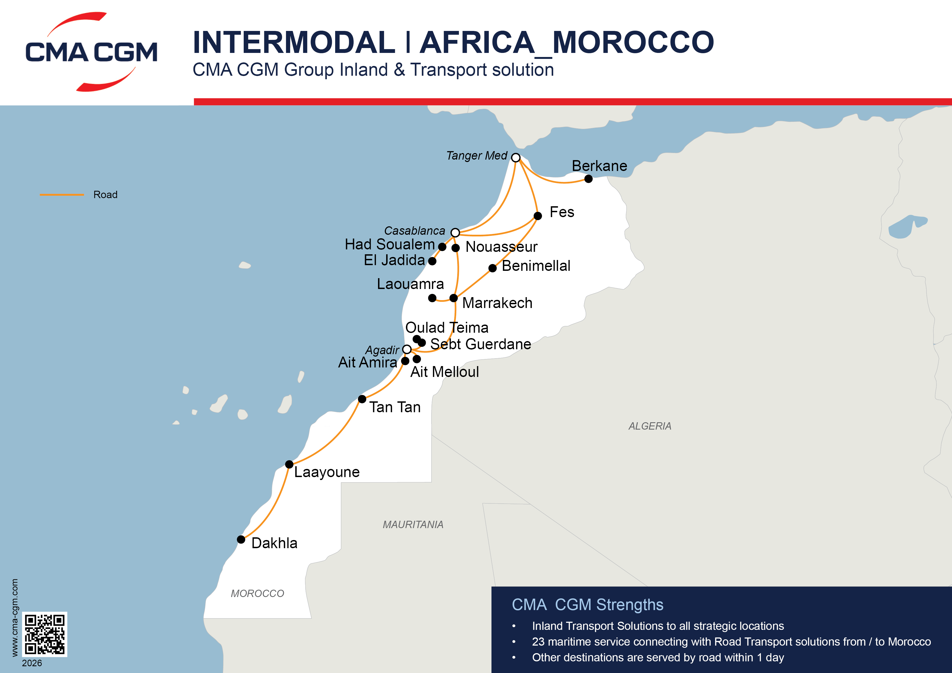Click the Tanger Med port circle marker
tap(516, 158)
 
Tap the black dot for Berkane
tap(588, 179)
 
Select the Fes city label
tap(561, 212)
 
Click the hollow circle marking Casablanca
tap(455, 232)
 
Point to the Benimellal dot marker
tap(493, 268)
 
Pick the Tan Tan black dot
tap(362, 399)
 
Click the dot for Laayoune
tap(289, 464)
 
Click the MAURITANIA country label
tap(413, 525)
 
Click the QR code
tap(44, 634)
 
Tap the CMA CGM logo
tap(91, 52)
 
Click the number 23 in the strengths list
tap(538, 642)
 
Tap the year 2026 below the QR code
tap(32, 663)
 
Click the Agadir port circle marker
tap(407, 349)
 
